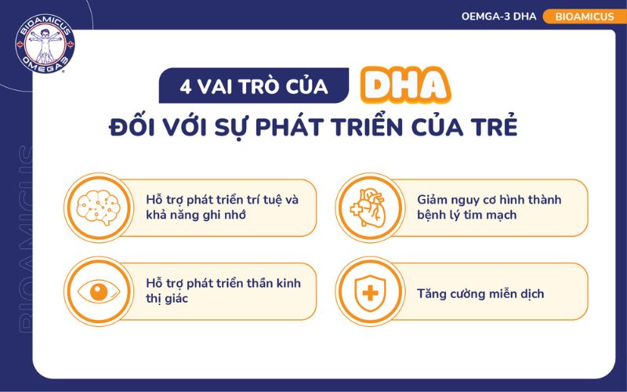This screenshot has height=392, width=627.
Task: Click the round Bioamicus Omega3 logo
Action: [x=45, y=45]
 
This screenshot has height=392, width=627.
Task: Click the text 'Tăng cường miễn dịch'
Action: [x=480, y=294]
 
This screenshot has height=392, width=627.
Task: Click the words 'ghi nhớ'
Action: [x=224, y=215]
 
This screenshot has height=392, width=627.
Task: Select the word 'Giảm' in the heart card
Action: [x=434, y=200]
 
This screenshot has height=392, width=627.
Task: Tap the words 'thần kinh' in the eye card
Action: [x=274, y=283]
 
